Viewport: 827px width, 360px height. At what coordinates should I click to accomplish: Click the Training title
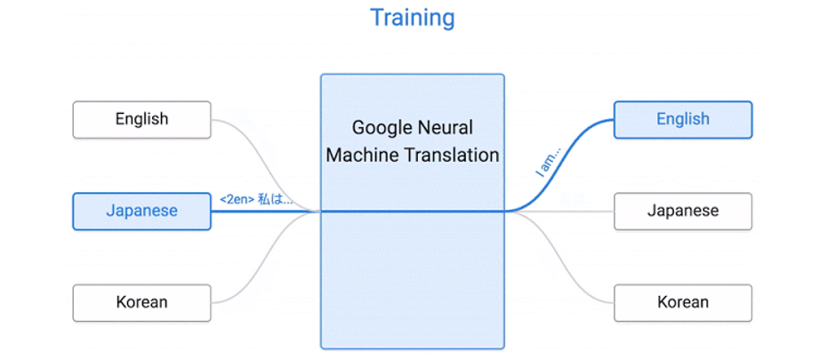coord(413,17)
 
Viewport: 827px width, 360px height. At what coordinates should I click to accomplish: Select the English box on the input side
coord(141,119)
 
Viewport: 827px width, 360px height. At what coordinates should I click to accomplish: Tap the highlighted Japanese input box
coord(141,211)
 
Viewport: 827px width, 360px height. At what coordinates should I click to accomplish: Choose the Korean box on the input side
coord(141,302)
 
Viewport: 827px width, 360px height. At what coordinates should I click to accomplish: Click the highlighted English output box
coord(682,119)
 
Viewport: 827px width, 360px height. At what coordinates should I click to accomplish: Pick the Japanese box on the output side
coord(682,211)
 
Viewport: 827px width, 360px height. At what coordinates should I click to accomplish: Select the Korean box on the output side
coord(682,302)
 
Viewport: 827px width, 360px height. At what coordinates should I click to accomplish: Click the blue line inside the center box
coord(413,212)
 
